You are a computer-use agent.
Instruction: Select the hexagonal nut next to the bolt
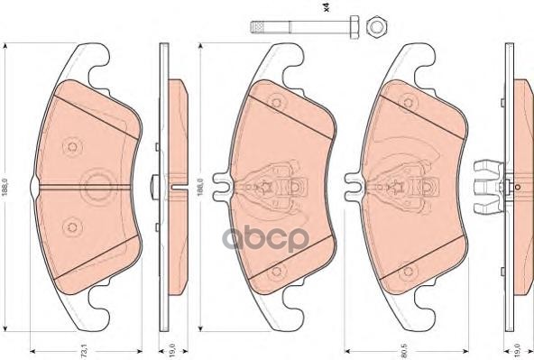click(x=376, y=27)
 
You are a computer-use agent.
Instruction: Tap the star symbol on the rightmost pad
click(x=397, y=188)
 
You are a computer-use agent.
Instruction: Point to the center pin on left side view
click(x=156, y=187)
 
